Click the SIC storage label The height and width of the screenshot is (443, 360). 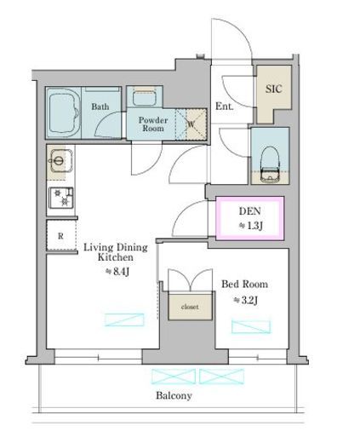point(274,89)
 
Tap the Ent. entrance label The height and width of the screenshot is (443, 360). point(225,106)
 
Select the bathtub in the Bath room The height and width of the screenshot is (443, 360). point(64,112)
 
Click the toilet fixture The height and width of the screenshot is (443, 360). point(270,164)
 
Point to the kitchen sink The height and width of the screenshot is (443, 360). point(60,161)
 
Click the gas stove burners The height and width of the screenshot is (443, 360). point(61,197)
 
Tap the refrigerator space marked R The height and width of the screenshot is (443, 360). point(61,235)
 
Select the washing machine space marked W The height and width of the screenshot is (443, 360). point(191,124)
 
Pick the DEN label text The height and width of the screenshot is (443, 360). point(250,211)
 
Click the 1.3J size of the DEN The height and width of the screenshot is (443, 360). point(251,226)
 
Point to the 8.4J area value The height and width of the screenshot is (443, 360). point(117,272)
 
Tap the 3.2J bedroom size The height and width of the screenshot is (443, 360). point(246,300)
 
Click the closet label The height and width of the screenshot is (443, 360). point(190,307)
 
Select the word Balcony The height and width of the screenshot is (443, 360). point(174,395)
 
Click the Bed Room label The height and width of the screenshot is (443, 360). point(244,284)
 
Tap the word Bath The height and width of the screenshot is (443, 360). point(100,106)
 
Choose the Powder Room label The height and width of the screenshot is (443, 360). point(153,124)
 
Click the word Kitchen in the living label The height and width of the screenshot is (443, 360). point(116,257)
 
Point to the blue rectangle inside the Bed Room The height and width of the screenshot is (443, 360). point(251,326)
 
